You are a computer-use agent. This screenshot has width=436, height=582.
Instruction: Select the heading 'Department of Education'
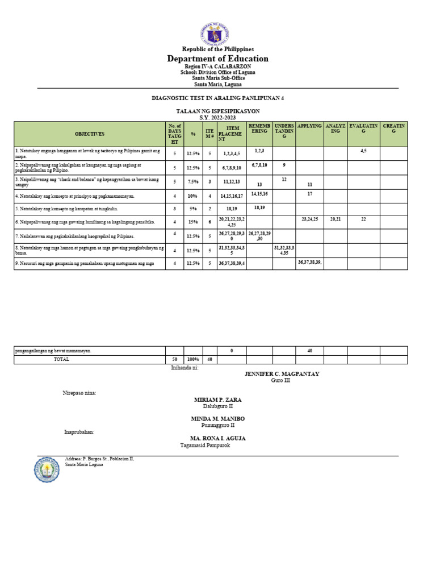click(x=217, y=59)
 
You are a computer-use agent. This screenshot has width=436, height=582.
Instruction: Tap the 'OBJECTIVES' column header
click(x=90, y=134)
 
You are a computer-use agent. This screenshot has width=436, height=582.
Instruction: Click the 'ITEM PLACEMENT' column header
click(x=232, y=134)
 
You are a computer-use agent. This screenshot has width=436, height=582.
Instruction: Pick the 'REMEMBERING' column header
click(x=259, y=128)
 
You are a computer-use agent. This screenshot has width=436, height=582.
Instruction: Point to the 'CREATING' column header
click(x=393, y=128)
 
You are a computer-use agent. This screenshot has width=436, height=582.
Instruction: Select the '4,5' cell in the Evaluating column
click(x=363, y=151)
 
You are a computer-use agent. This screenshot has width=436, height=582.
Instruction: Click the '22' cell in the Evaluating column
click(x=363, y=219)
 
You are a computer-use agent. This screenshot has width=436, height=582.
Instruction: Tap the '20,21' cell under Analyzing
click(x=335, y=219)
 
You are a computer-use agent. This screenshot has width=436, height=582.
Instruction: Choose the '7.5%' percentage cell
click(x=193, y=182)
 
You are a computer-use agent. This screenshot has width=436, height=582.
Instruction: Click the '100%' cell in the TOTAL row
click(x=193, y=360)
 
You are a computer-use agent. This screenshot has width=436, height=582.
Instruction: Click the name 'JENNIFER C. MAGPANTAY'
click(x=282, y=373)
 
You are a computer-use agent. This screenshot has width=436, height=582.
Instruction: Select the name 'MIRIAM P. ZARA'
click(x=217, y=400)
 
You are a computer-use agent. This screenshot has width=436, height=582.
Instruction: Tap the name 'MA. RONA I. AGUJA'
click(x=217, y=438)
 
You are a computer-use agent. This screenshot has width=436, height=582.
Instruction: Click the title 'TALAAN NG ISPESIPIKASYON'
click(x=217, y=111)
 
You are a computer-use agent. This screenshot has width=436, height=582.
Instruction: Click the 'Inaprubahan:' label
click(x=79, y=432)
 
